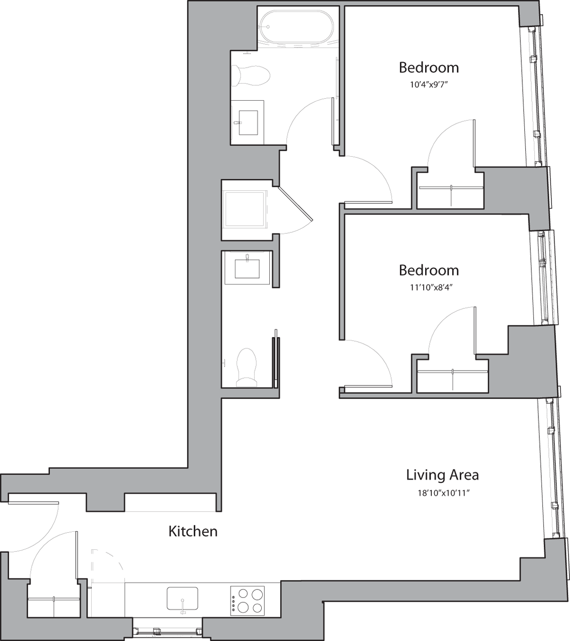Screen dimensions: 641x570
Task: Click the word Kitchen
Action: [193, 531]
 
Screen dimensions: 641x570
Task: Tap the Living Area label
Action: [442, 474]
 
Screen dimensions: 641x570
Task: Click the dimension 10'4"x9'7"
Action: [428, 85]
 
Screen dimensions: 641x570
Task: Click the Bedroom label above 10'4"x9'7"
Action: [429, 67]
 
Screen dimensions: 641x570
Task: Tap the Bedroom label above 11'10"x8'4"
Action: [429, 270]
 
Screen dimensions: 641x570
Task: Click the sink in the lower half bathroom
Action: [247, 267]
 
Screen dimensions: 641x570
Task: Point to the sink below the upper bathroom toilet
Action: [248, 122]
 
